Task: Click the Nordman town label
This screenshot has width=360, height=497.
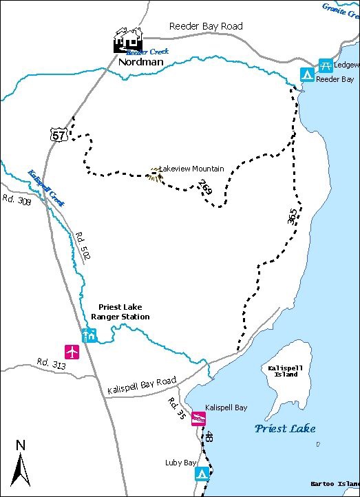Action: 140,61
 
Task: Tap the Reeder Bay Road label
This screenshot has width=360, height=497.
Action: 206,27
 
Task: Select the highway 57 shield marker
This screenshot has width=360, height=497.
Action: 59,135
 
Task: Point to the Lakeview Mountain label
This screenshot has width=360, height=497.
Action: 191,169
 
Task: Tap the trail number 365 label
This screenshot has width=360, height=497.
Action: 292,216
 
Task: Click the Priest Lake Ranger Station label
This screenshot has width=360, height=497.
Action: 120,312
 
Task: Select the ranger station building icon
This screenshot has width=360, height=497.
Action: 89,335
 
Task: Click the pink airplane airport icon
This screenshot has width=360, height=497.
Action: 72,351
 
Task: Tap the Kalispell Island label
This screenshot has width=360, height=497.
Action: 282,372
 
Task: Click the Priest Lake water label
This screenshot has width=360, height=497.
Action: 285,428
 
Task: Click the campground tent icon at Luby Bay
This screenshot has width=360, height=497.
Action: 202,474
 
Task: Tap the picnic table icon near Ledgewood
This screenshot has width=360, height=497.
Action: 326,65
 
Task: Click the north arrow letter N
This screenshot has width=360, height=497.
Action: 21,445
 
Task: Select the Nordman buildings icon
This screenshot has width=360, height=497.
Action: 128,41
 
